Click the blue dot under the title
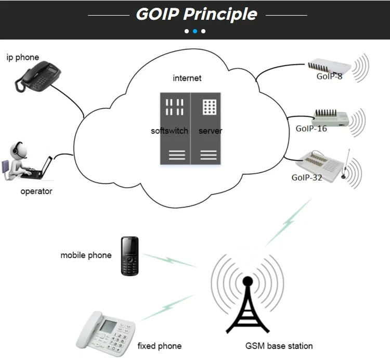point(195,31)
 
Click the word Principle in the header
point(220,14)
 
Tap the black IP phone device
point(38,76)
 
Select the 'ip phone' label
point(23,57)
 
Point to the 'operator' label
point(36,191)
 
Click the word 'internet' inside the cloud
point(187,78)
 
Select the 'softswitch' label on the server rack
point(170,131)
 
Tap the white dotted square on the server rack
point(210,107)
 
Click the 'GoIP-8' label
point(329,76)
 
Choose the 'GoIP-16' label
point(311,128)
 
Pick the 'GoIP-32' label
point(307,177)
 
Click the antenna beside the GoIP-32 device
point(345,164)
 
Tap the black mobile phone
point(129,256)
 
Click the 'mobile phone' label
point(86,255)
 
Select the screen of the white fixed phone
point(108,326)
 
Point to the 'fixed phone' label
point(160,346)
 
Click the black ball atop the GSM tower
point(248,281)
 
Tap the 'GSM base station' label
point(279,346)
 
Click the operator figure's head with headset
point(18,150)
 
